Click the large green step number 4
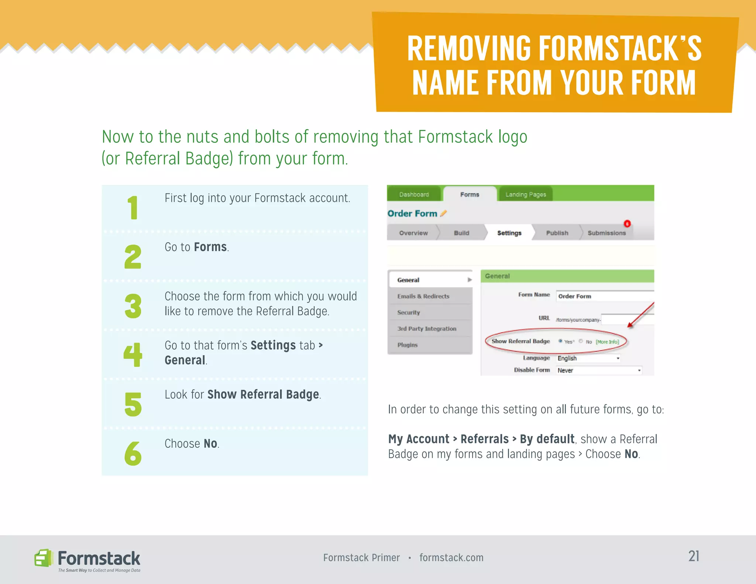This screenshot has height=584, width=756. (x=133, y=355)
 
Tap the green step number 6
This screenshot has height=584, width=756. (x=133, y=453)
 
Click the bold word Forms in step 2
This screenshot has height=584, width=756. (x=210, y=247)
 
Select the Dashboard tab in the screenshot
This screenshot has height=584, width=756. (x=414, y=195)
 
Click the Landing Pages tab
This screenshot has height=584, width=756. (x=525, y=195)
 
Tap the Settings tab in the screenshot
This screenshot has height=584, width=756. (x=509, y=233)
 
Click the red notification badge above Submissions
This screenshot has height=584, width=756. (x=627, y=224)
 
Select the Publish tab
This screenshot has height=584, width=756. (x=557, y=233)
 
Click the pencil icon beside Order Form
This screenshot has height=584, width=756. (x=444, y=213)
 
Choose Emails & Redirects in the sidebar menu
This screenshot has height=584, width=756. (x=423, y=296)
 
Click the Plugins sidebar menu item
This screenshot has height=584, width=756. (x=408, y=345)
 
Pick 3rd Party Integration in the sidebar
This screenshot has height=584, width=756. (x=427, y=329)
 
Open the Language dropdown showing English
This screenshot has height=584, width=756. (x=588, y=358)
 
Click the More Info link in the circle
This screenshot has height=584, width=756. (x=607, y=342)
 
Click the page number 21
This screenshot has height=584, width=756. (x=694, y=556)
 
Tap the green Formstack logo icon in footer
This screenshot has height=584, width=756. (x=43, y=558)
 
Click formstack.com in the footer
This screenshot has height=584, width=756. (x=451, y=557)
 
